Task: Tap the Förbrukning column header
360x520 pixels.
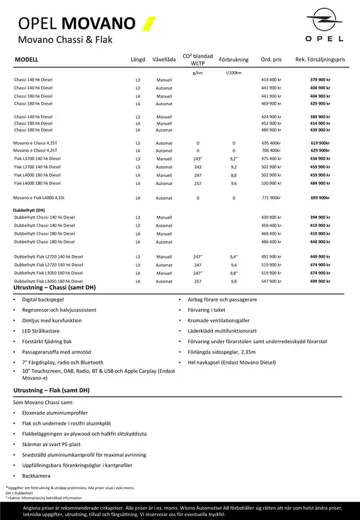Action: tap(233, 59)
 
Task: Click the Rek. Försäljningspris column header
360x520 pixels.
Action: tap(320, 59)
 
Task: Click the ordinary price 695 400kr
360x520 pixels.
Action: tap(271, 143)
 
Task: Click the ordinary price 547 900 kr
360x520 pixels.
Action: tap(271, 282)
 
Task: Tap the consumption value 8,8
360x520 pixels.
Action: tap(234, 175)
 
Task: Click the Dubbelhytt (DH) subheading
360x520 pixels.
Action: tap(29, 210)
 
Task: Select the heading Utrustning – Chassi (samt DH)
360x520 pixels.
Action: tap(54, 287)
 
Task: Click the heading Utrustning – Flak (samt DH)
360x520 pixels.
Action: tap(51, 390)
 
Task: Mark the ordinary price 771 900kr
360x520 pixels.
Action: tap(271, 198)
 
